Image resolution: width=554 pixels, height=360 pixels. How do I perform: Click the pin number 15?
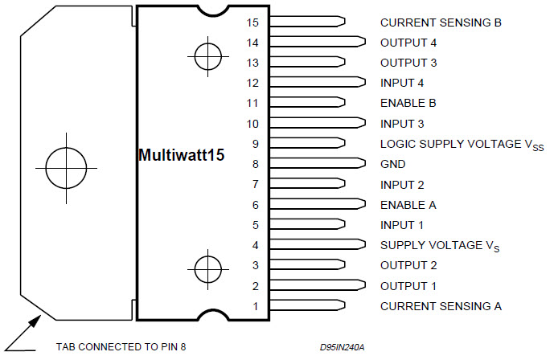[x=253, y=22]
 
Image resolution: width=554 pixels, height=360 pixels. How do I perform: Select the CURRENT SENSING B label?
[x=440, y=22]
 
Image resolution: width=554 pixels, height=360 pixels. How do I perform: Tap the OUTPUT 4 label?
[x=408, y=43]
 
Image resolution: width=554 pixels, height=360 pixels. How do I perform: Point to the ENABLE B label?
[x=408, y=104]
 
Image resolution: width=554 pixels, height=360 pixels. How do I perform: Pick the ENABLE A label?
[x=408, y=205]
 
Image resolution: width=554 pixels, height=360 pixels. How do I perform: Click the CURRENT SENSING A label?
[x=440, y=306]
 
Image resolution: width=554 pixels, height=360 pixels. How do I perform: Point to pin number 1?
[x=256, y=306]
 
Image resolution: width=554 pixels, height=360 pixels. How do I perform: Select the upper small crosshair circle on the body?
[x=207, y=56]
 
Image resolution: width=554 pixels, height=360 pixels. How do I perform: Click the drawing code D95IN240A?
[x=342, y=348]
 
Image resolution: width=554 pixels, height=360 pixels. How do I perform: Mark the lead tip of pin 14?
[x=361, y=43]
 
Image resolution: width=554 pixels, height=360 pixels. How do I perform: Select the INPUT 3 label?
[x=401, y=124]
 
